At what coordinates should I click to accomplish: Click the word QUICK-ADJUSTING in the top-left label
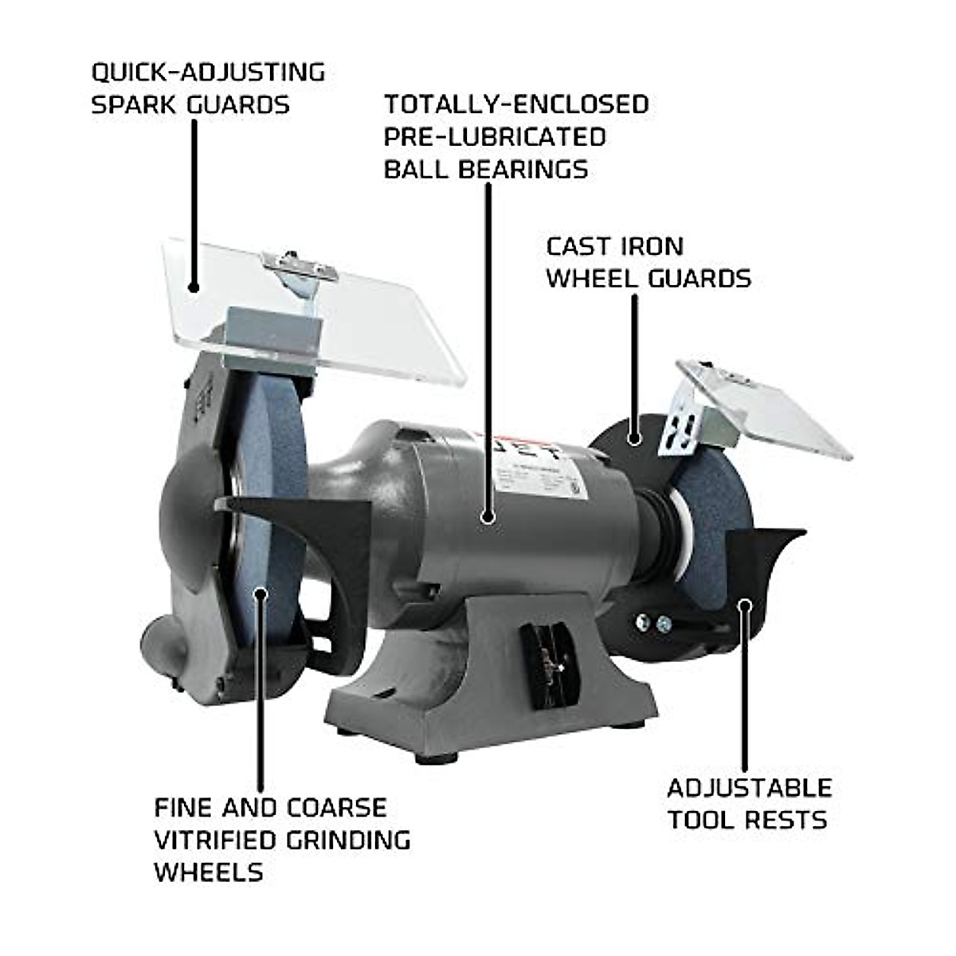tap(208, 72)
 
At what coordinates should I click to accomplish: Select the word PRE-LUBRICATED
tap(494, 136)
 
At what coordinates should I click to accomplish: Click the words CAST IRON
tap(614, 246)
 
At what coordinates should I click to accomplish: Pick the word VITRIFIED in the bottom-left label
tap(225, 840)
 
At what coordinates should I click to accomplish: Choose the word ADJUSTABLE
tap(749, 788)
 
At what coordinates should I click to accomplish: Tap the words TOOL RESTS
tap(747, 820)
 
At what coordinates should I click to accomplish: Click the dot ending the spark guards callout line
tap(194, 285)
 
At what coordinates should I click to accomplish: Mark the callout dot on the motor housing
tap(488, 517)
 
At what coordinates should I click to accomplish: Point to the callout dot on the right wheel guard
tap(634, 437)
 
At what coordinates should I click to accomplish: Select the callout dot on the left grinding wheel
tap(260, 592)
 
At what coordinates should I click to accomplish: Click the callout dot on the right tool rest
tap(744, 605)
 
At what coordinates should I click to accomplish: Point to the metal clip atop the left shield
tap(299, 267)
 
